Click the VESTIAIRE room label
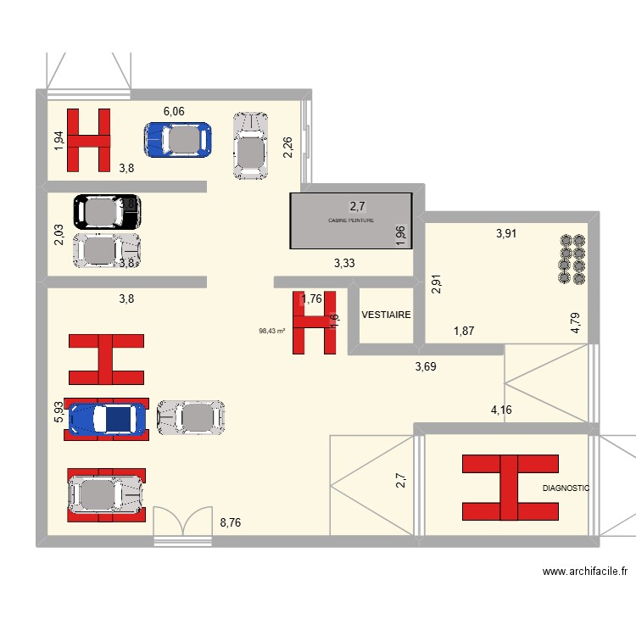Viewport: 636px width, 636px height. pos(386,315)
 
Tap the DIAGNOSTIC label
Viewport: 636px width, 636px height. pos(566,488)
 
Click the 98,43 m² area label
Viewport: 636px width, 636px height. pos(272,332)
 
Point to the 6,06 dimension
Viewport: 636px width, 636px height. pos(174,111)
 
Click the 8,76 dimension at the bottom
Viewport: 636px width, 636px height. pos(231,523)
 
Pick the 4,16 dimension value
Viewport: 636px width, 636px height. pos(502,410)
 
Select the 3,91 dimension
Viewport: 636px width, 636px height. pos(507,235)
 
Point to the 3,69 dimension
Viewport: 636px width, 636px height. pos(426,367)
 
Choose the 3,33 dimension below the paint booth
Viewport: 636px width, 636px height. pos(345,264)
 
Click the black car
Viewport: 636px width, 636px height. pos(106,211)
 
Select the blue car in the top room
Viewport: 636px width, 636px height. pos(177,140)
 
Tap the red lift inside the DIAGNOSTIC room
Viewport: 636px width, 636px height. pos(510,488)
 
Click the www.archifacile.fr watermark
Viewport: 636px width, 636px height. pos(585,572)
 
